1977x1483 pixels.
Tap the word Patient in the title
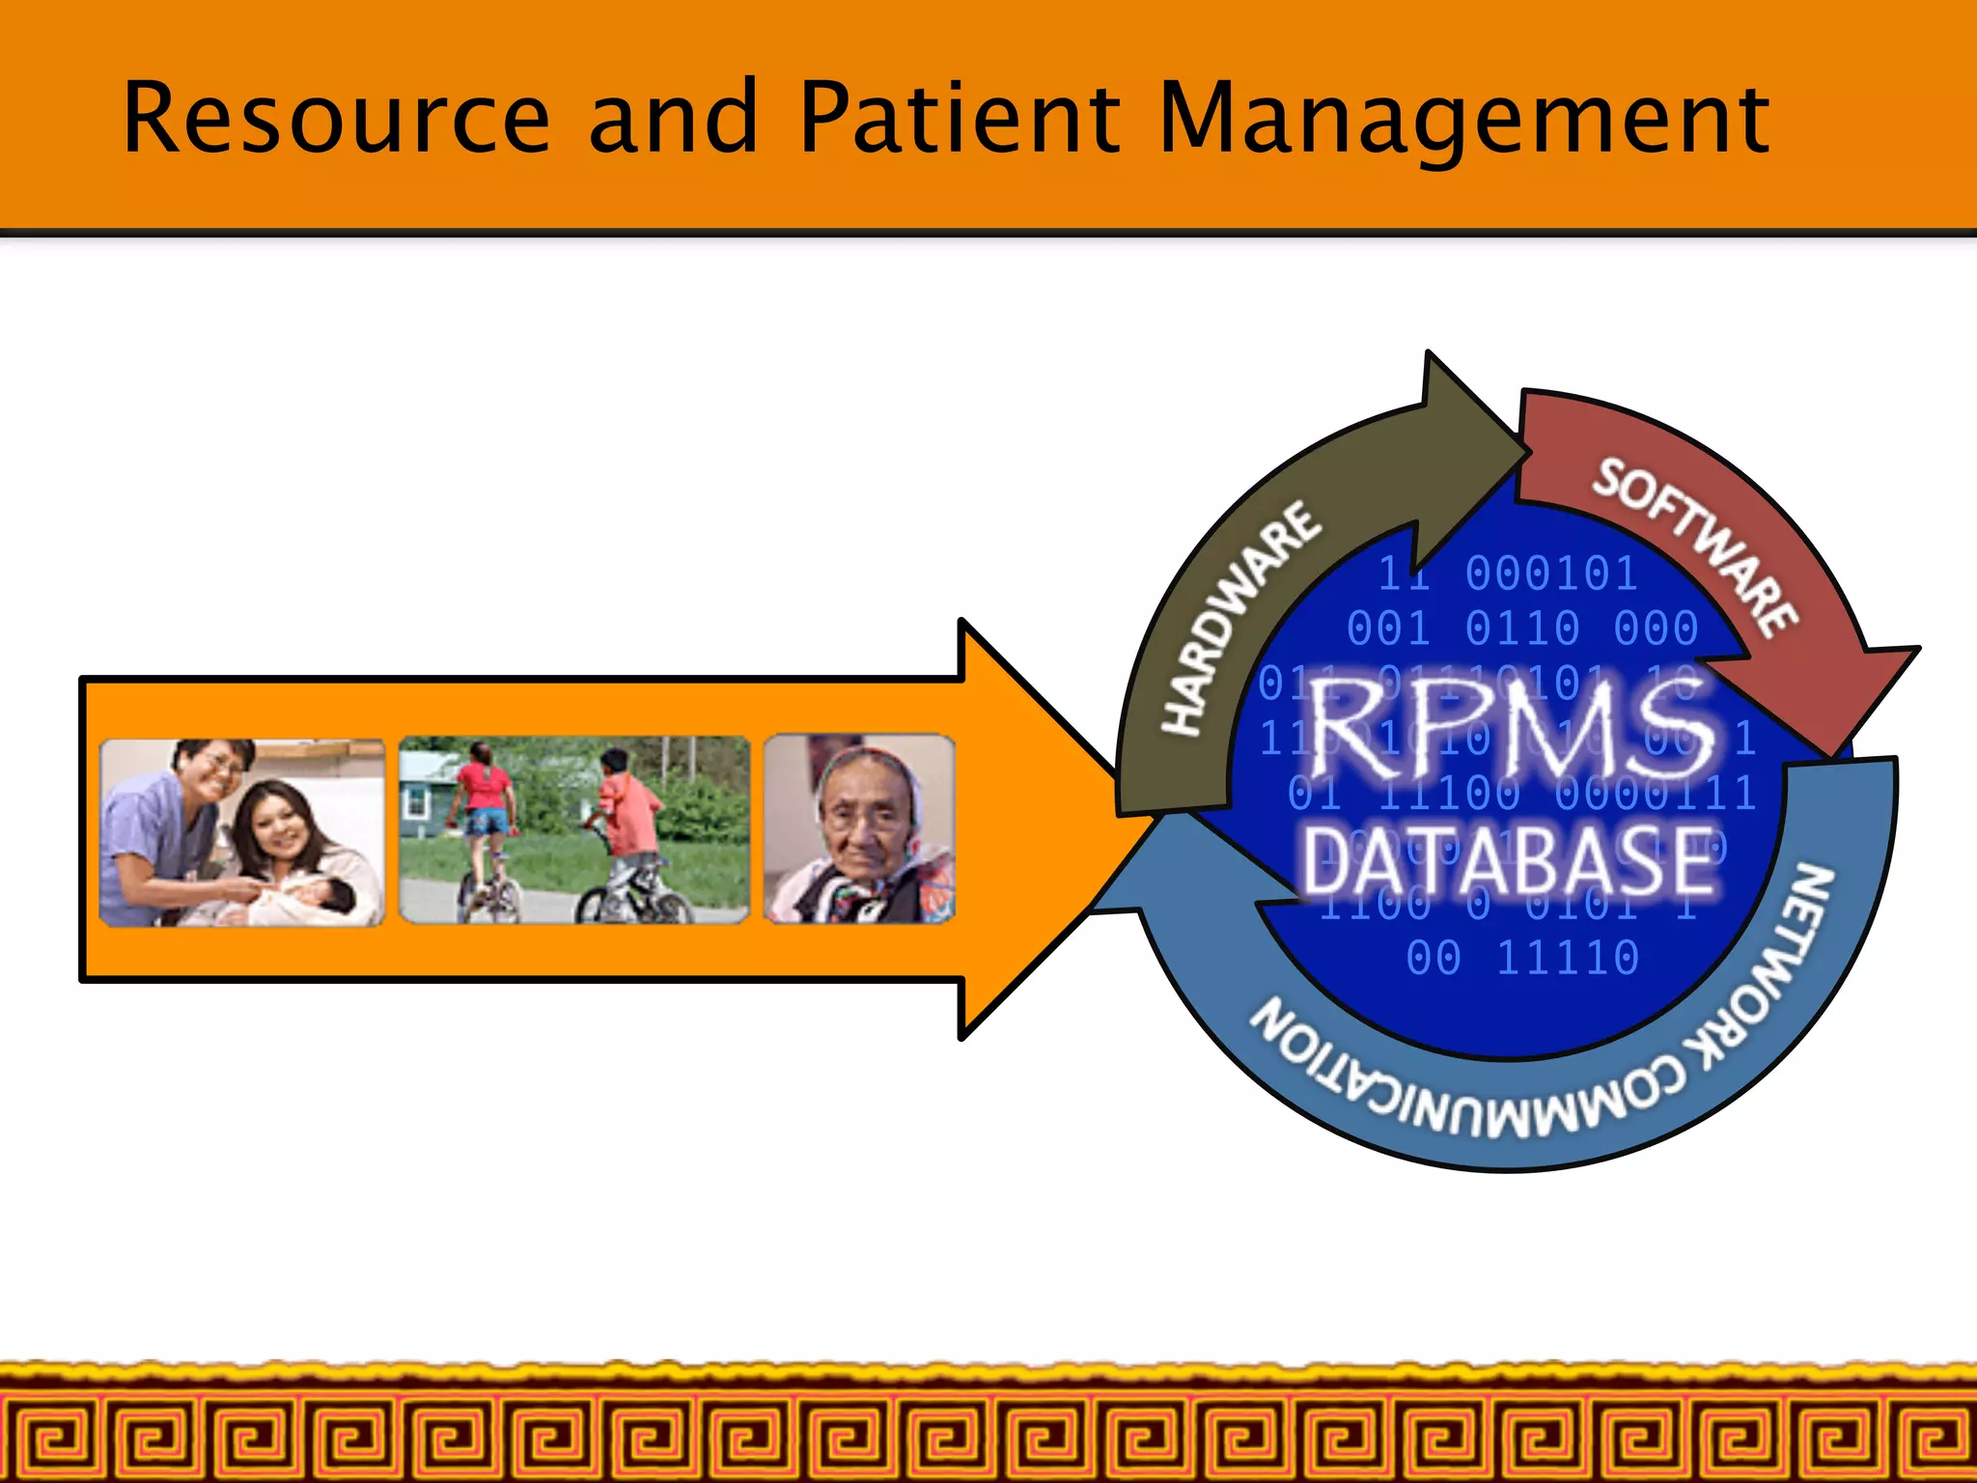click(x=960, y=118)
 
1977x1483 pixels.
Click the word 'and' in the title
click(x=673, y=118)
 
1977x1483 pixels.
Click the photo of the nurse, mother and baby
click(x=242, y=832)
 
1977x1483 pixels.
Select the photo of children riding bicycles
click(x=574, y=830)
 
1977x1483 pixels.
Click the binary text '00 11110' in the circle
click(x=1522, y=958)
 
